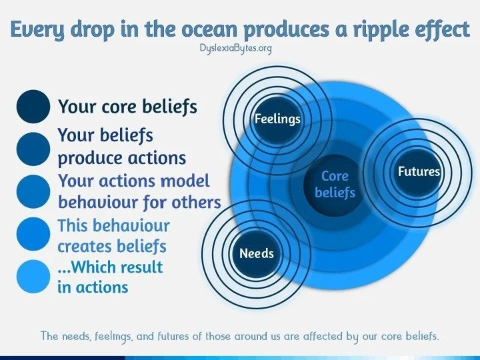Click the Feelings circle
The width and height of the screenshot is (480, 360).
point(277,120)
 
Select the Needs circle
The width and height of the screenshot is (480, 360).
point(257,254)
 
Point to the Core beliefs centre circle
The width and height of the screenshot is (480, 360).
point(335,185)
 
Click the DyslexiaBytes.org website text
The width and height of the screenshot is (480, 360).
point(236,49)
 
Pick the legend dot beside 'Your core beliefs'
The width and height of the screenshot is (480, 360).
point(33,107)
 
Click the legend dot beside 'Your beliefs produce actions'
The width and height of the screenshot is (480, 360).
point(33,149)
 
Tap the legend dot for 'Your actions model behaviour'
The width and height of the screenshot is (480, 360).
point(33,191)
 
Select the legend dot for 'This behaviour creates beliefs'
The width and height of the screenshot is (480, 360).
point(33,234)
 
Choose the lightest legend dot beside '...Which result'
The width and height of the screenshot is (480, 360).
point(33,277)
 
